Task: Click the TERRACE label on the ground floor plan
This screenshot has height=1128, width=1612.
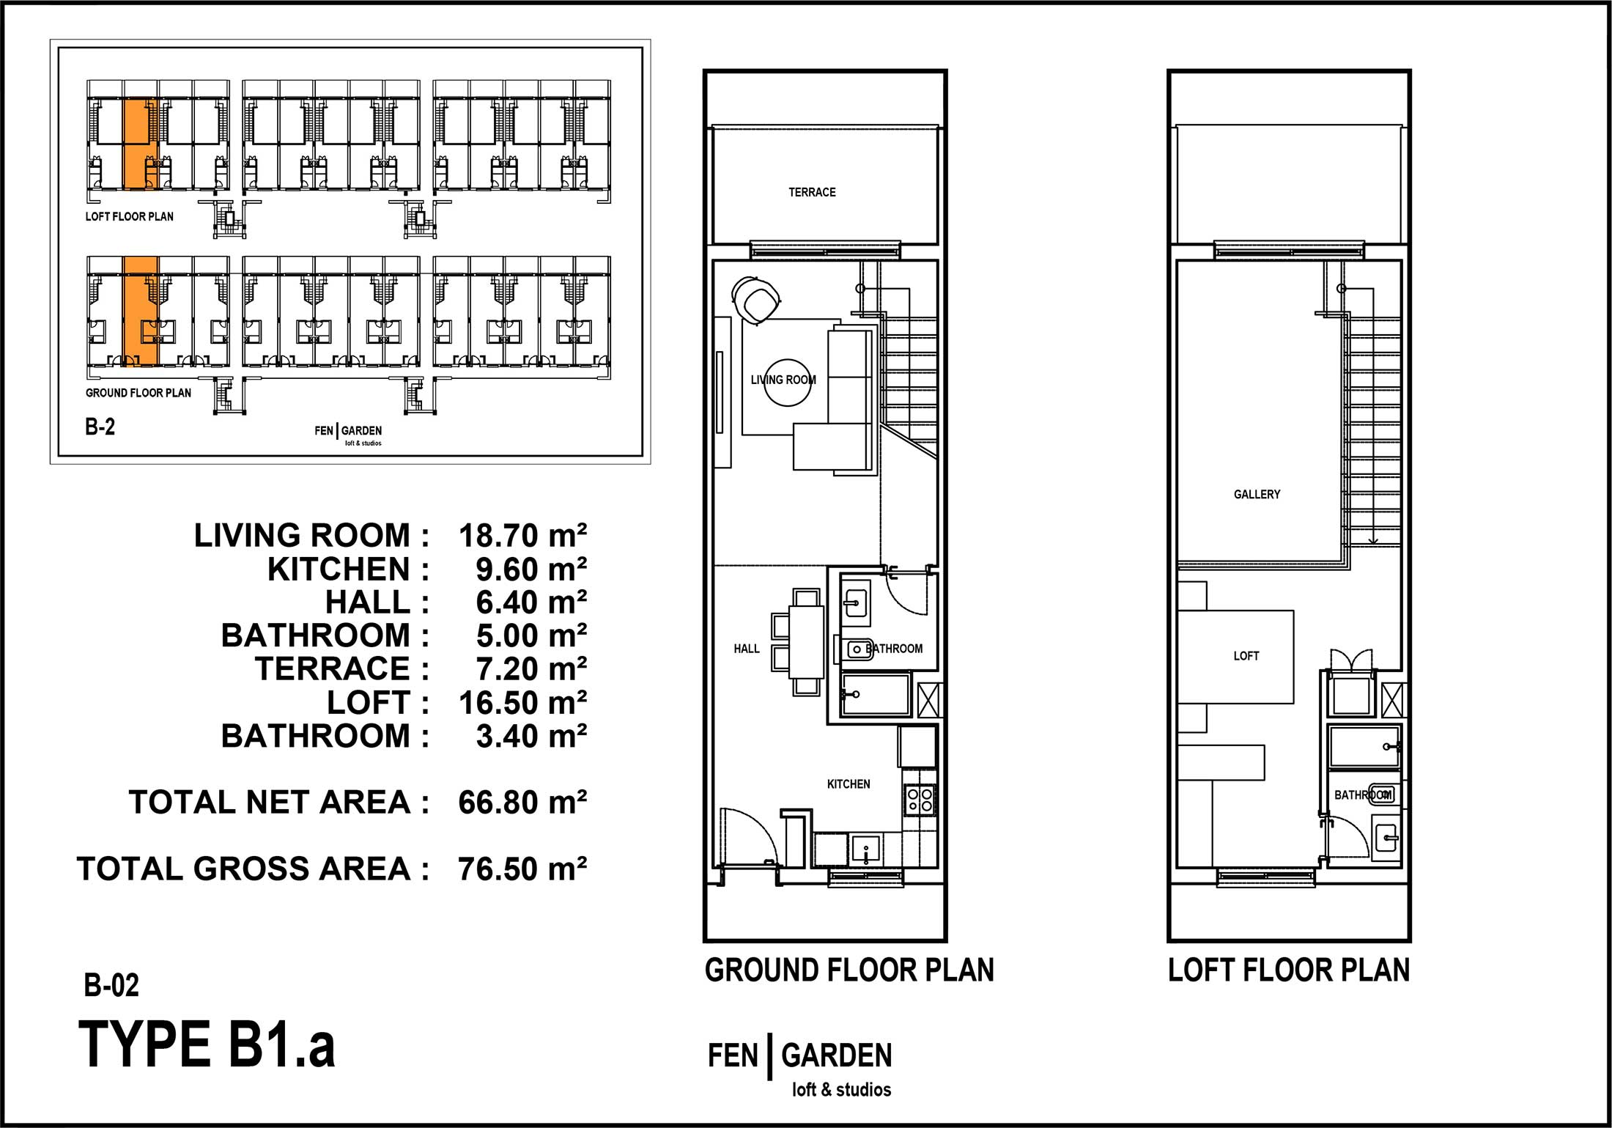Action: click(x=812, y=192)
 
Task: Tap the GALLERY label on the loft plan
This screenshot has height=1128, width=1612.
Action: click(x=1257, y=495)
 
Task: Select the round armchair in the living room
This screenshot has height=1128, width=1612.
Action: click(x=755, y=298)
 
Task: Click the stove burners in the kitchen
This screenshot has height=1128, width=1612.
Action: click(x=920, y=800)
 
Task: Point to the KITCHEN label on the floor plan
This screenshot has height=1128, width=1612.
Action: click(x=848, y=784)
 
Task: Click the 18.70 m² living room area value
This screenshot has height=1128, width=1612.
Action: click(x=522, y=536)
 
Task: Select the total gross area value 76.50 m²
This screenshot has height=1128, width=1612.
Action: click(x=522, y=869)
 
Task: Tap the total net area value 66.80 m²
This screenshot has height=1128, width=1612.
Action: click(x=522, y=803)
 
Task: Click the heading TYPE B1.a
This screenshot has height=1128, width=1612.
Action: click(x=207, y=1044)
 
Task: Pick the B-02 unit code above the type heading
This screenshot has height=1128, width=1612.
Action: click(x=111, y=985)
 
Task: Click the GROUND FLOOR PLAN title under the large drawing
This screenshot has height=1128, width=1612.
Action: click(x=849, y=970)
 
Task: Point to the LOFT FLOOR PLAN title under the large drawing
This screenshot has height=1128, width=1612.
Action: click(x=1289, y=970)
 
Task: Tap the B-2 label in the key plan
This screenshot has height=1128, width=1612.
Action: click(x=100, y=427)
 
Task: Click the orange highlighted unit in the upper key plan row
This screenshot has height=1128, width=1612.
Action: click(x=140, y=144)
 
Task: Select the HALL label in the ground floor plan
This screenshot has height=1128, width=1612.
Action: click(x=747, y=649)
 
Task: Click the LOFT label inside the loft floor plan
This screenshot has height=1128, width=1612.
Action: click(x=1246, y=656)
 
